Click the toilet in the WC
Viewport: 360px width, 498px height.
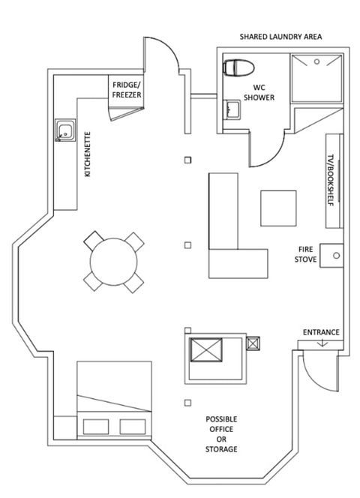click(239, 67)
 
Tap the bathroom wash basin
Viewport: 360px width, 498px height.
click(232, 109)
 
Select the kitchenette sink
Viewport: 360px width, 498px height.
click(65, 130)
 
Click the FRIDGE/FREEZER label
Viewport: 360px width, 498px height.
click(127, 90)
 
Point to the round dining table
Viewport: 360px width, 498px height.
click(114, 262)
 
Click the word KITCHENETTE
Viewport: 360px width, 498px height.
click(88, 154)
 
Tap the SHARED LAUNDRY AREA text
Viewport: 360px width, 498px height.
click(280, 37)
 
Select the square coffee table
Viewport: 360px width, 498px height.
click(278, 208)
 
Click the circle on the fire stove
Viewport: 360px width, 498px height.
click(336, 255)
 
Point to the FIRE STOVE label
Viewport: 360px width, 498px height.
click(305, 254)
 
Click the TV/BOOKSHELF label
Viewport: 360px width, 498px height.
click(331, 180)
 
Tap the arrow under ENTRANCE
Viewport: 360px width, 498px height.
click(322, 343)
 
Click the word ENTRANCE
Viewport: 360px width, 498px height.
click(321, 332)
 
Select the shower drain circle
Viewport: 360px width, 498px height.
click(316, 61)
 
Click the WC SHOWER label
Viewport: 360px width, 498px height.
click(259, 92)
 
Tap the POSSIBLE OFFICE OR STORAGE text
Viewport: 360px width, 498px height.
click(221, 434)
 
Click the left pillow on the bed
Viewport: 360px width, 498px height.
click(96, 427)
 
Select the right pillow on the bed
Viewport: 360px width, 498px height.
click(133, 427)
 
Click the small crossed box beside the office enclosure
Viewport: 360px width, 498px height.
click(253, 343)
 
